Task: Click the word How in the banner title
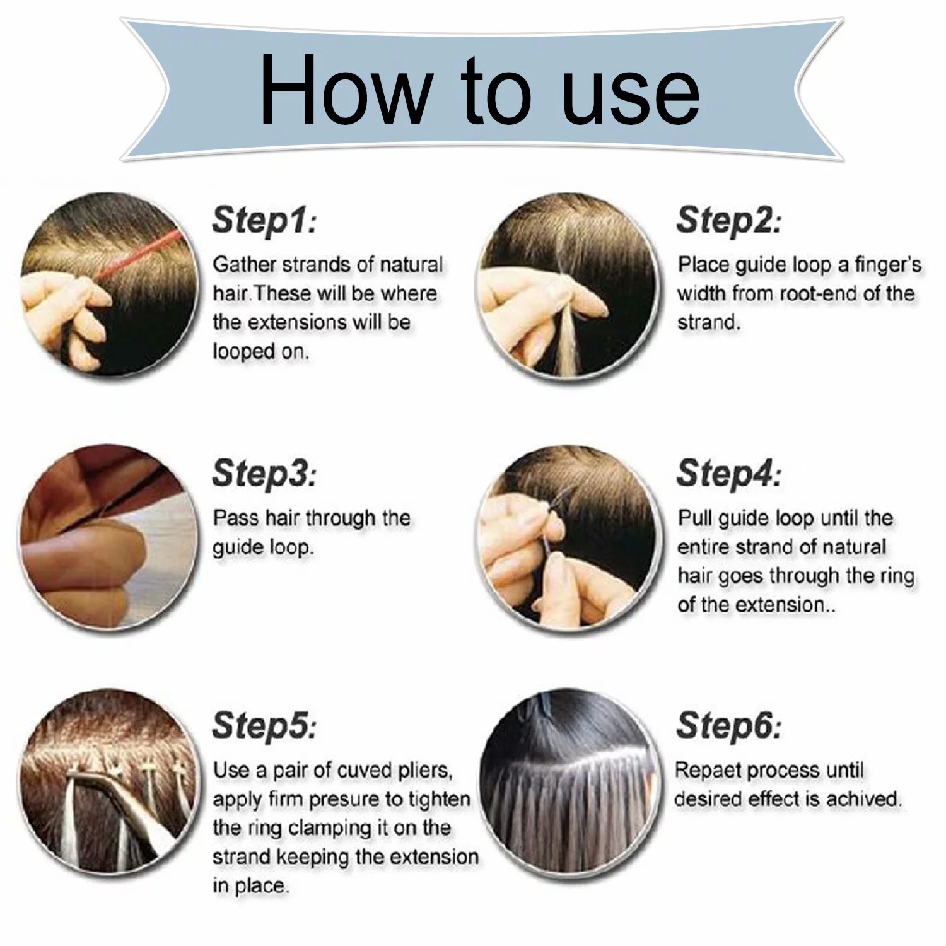click(x=344, y=90)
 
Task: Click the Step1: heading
click(x=264, y=220)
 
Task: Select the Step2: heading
click(x=728, y=220)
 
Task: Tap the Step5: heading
click(x=264, y=725)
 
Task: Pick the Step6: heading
click(x=728, y=725)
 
